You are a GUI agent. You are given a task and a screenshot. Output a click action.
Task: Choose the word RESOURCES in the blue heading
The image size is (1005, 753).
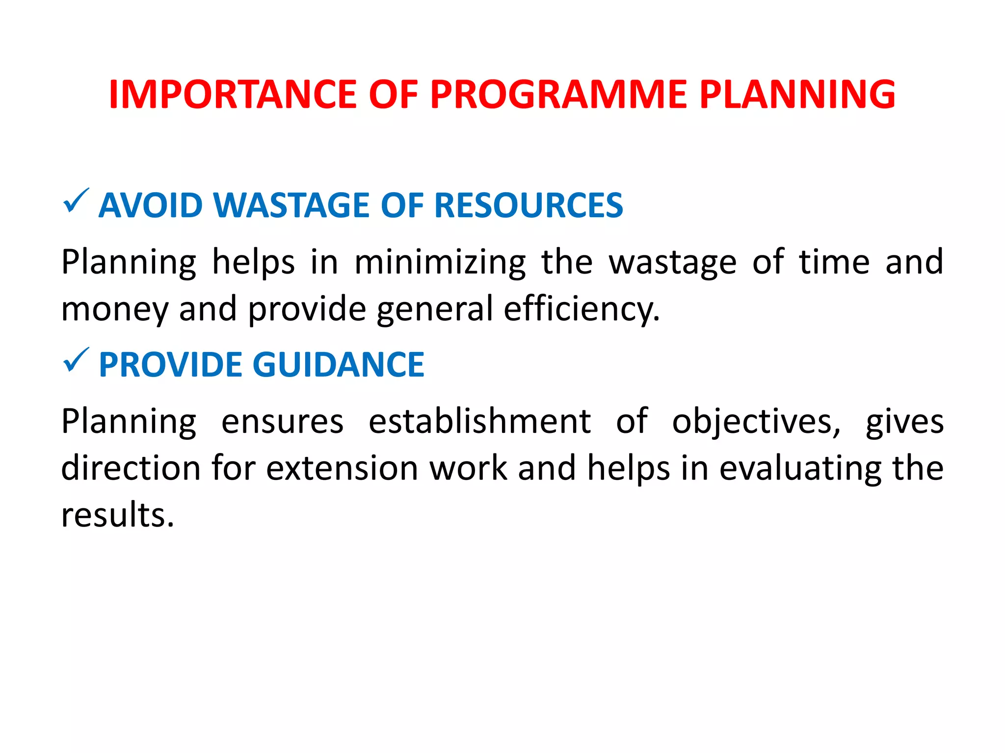529,205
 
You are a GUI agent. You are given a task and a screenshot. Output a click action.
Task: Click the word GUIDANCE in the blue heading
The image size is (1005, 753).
338,365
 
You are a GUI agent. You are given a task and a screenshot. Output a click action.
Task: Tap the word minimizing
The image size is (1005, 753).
440,262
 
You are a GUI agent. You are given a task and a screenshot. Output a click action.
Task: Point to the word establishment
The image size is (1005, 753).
479,422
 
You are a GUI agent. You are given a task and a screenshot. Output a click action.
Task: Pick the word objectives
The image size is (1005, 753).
756,422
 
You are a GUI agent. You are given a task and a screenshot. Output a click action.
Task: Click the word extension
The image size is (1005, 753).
342,468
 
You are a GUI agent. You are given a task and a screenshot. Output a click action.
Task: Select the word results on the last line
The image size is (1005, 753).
118,516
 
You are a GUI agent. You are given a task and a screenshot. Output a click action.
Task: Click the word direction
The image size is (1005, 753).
131,468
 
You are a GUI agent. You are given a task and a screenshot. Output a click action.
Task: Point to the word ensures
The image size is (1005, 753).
282,422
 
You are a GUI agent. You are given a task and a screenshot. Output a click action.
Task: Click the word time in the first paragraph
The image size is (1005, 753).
834,262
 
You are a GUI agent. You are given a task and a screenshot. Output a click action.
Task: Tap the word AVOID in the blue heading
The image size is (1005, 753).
150,205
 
